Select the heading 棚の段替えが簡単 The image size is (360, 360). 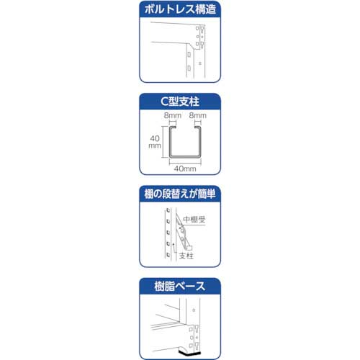point(179,194)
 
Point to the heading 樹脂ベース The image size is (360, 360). point(179,286)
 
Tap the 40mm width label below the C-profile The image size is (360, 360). point(184,168)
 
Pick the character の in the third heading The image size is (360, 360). point(162,194)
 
